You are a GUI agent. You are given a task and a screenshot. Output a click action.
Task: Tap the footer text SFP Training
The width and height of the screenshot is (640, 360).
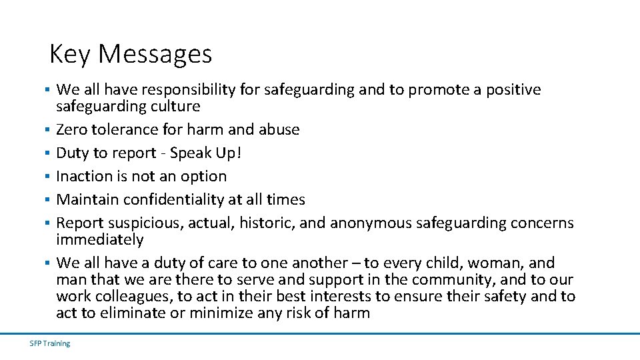[50, 343]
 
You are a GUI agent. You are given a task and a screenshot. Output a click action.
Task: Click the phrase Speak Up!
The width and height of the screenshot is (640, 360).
[206, 153]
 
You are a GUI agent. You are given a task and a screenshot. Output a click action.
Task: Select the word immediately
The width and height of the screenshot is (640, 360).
[100, 239]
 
